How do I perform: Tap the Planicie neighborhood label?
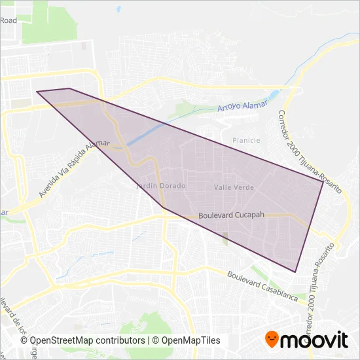246,140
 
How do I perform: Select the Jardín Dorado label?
160,186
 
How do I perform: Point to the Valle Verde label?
234,187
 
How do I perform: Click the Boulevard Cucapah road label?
231,215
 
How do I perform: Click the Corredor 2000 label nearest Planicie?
308,151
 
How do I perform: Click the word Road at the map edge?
9,21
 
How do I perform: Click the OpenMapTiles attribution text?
187,340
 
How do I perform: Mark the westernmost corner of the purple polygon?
37,92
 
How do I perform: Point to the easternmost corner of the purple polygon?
323,181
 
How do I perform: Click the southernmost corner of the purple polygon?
296,272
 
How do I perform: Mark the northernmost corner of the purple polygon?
69,88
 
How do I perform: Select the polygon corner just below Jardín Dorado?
163,208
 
